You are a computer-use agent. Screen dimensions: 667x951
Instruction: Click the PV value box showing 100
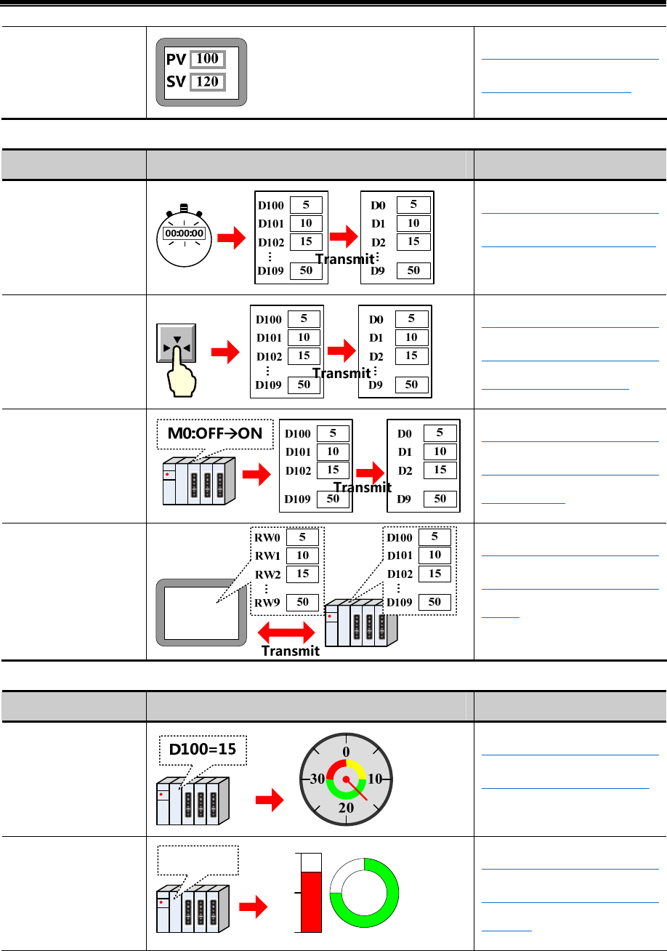tap(208, 58)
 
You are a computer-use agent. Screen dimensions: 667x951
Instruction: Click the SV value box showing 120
tap(208, 81)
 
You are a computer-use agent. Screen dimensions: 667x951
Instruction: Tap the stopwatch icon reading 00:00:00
tap(185, 235)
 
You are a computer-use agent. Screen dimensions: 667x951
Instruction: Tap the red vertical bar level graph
tap(310, 901)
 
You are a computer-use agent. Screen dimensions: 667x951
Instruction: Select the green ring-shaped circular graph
tap(364, 893)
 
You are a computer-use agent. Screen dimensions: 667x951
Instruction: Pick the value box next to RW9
tap(303, 602)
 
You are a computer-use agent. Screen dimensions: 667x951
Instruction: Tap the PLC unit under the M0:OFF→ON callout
tap(198, 480)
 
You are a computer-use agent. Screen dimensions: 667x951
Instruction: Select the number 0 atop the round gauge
tap(347, 750)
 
